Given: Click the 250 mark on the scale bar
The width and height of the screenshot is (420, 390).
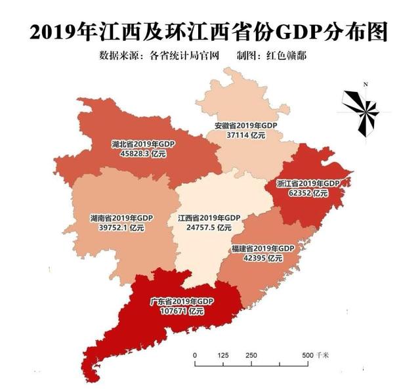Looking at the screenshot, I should (251, 355).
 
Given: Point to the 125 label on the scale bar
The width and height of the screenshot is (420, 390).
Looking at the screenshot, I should (222, 355).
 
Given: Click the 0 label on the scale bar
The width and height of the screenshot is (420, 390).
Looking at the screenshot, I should (195, 355).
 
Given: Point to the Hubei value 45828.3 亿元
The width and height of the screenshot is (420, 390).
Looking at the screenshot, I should (143, 153).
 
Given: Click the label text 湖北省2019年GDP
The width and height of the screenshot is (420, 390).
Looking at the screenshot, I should (143, 144).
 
